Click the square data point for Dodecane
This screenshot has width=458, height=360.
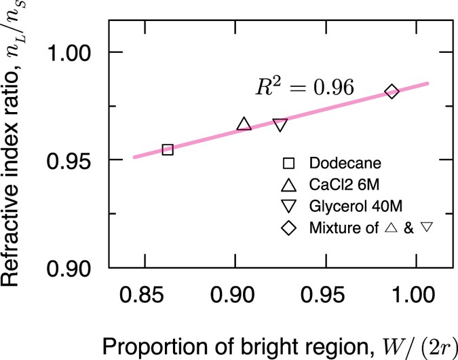[x=168, y=149]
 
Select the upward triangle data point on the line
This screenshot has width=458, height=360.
[x=244, y=124]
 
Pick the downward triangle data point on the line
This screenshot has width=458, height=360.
[x=280, y=125]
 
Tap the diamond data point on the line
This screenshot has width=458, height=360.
[x=392, y=92]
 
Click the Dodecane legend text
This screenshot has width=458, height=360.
[x=339, y=163]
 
